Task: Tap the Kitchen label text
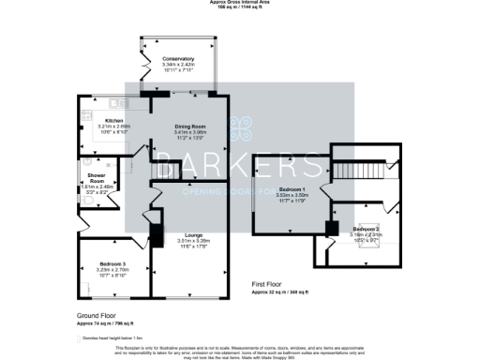pyautogui.click(x=114, y=121)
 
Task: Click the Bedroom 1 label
pyautogui.click(x=292, y=189)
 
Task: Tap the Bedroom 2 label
pyautogui.click(x=366, y=229)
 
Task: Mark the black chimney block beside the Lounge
pyautogui.click(x=156, y=232)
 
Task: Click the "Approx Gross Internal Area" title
pyautogui.click(x=239, y=3)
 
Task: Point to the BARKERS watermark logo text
pyautogui.click(x=239, y=169)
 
